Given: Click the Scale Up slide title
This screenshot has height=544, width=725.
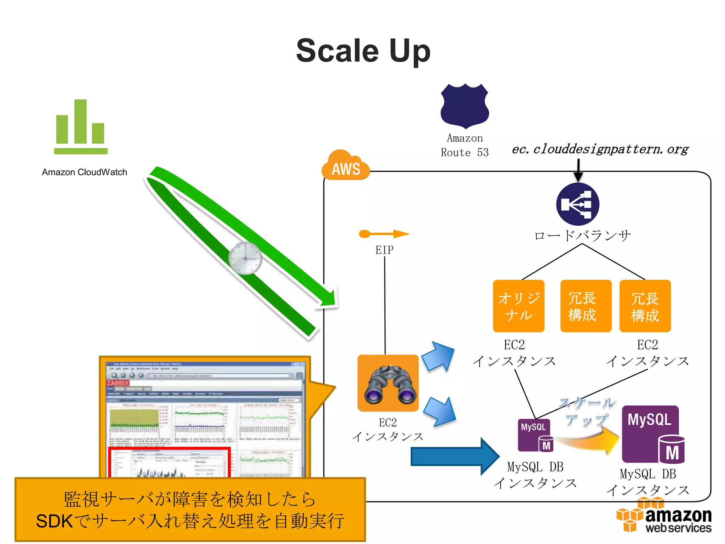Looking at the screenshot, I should (363, 51).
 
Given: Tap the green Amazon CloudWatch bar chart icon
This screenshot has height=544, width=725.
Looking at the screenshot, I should (81, 127).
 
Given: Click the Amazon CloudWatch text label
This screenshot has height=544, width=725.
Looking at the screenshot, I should (84, 172).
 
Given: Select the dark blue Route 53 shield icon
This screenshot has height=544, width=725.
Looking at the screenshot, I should (464, 106).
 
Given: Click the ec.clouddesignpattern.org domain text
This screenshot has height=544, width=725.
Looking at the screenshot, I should (600, 149).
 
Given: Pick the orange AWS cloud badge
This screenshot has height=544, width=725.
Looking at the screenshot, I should (345, 166).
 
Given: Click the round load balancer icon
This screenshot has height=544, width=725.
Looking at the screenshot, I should (577, 204).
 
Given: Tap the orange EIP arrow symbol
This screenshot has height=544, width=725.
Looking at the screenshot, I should (384, 234).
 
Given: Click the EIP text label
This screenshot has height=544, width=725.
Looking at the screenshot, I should (384, 250).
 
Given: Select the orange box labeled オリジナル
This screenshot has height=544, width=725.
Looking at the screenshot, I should (519, 306).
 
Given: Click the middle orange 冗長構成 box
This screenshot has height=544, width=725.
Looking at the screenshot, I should (586, 306).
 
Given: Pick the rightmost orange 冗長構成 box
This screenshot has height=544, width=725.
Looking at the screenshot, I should (645, 306).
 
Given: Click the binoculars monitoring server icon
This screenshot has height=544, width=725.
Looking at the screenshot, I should (388, 383).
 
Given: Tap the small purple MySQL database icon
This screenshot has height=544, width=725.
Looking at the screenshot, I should (535, 435).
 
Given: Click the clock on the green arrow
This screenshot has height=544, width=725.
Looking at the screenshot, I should (245, 258).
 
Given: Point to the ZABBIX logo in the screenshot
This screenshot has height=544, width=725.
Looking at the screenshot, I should (118, 383).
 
